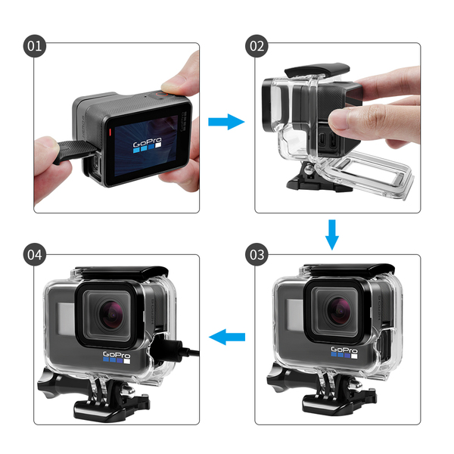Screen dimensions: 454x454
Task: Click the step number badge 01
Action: click(x=35, y=45)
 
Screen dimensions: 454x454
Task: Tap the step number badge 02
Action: click(x=257, y=45)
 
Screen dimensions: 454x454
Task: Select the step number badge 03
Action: click(x=257, y=254)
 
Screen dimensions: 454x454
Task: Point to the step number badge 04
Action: click(x=35, y=254)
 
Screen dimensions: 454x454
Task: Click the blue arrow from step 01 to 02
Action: click(x=226, y=122)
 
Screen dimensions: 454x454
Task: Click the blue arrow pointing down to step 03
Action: click(x=332, y=235)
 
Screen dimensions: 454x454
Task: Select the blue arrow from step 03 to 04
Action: click(x=227, y=337)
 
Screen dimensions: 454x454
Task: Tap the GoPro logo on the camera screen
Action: click(x=147, y=144)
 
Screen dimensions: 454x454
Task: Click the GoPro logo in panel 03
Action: click(x=344, y=353)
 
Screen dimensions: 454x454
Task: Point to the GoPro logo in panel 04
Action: click(x=117, y=357)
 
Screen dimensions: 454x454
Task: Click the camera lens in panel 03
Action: click(x=338, y=311)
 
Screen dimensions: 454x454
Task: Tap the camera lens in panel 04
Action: click(x=110, y=315)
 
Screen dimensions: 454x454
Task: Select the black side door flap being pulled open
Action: click(x=76, y=151)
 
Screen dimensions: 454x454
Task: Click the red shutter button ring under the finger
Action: click(x=161, y=94)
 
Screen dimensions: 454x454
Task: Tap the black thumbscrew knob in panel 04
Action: click(x=55, y=383)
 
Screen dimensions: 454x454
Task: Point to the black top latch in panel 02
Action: click(x=317, y=70)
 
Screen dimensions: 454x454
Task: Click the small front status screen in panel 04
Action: click(x=66, y=318)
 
